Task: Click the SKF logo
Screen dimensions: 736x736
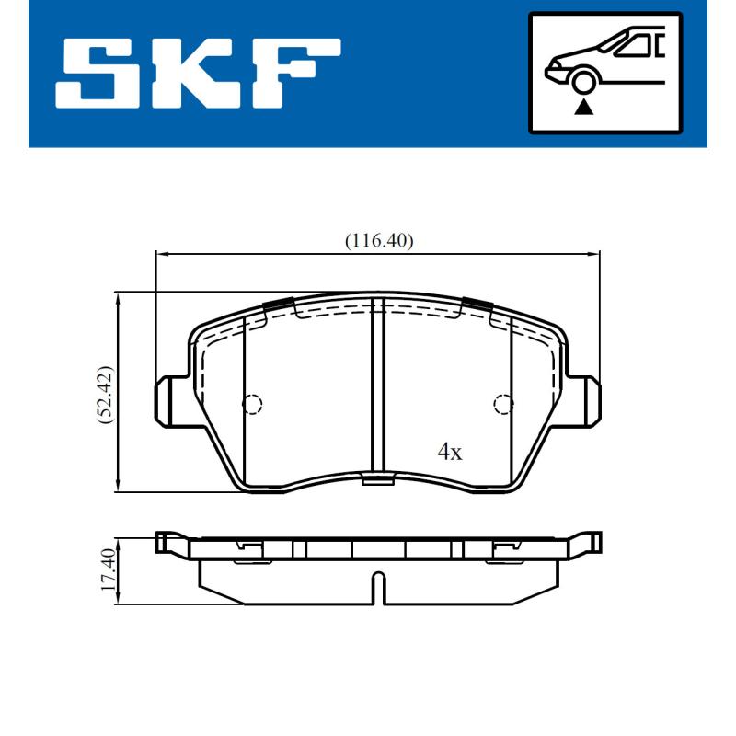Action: click(x=198, y=72)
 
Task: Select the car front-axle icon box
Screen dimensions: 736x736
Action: click(x=604, y=72)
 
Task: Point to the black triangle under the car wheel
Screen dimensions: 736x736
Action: click(x=582, y=108)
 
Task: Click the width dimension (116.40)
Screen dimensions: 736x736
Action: click(x=379, y=241)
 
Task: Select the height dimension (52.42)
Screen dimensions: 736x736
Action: click(x=107, y=393)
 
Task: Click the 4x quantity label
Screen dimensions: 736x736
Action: click(x=449, y=452)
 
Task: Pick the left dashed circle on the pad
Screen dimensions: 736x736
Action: click(x=252, y=403)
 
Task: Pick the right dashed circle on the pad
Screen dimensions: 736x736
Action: click(x=502, y=403)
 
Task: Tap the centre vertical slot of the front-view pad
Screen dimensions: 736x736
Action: click(x=376, y=386)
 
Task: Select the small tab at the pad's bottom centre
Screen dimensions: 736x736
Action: click(x=376, y=478)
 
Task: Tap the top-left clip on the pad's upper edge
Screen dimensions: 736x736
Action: click(x=277, y=305)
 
